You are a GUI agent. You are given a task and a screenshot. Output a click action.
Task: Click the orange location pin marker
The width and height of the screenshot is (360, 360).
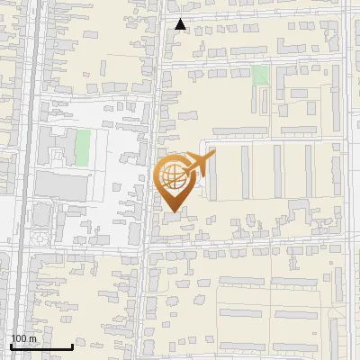point(174,180)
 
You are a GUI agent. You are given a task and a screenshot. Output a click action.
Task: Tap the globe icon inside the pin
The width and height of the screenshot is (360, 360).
point(173,177)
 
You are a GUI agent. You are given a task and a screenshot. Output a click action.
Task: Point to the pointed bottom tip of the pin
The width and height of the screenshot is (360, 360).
point(174,211)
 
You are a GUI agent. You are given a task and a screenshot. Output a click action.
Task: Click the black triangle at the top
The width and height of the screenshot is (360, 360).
point(181,24)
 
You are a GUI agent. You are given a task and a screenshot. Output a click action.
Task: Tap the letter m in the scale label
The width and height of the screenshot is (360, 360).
point(32,338)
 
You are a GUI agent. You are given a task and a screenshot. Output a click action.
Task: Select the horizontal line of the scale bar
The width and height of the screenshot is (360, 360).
point(41,346)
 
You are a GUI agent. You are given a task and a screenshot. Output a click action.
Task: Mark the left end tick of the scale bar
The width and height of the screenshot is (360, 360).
point(11,346)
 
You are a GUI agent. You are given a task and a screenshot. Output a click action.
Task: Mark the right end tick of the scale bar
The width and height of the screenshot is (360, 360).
point(72,346)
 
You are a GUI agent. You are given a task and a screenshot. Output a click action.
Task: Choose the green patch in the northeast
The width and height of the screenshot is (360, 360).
point(260,75)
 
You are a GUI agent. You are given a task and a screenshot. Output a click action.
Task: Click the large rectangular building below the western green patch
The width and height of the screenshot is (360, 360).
point(62,185)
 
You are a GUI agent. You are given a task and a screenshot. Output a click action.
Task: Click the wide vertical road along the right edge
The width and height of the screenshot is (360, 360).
point(347,180)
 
